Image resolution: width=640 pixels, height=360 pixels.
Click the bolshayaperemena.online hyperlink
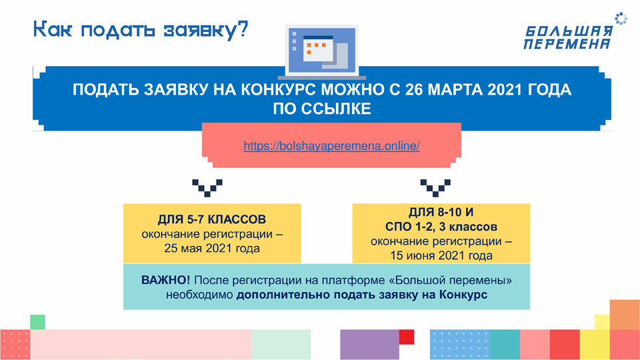point(331,146)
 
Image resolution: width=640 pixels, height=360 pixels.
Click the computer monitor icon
point(321,52)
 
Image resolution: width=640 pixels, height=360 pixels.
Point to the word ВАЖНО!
point(165,280)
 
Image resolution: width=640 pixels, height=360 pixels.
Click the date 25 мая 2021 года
point(212,248)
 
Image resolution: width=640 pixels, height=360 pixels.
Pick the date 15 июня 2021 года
point(441,255)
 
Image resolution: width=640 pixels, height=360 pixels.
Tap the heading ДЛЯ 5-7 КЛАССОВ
point(212,219)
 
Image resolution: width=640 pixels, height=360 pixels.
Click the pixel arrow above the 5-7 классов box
point(207,188)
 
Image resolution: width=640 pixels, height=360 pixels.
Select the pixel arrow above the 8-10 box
point(435,188)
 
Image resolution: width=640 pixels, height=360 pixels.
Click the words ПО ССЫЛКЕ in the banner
point(322,109)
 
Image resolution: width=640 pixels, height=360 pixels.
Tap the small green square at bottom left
point(37,322)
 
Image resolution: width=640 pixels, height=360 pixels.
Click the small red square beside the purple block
point(407,337)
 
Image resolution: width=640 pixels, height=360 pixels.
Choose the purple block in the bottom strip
point(370,345)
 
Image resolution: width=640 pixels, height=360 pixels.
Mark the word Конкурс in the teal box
point(463,295)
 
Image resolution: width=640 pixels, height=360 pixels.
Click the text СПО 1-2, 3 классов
point(441,227)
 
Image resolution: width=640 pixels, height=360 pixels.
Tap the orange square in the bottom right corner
point(625,315)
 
